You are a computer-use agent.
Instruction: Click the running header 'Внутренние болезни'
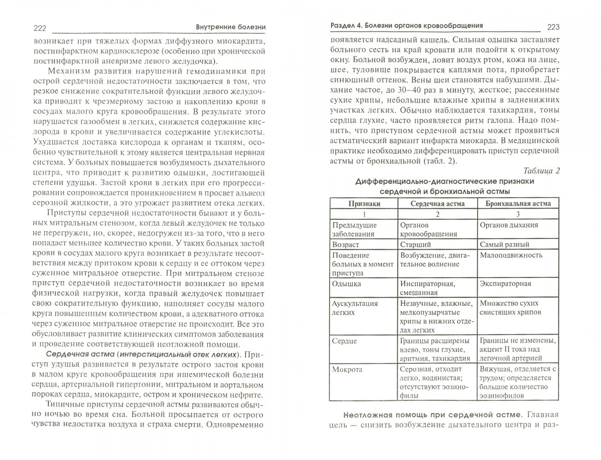(231, 27)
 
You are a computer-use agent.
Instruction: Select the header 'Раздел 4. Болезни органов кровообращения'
(407, 26)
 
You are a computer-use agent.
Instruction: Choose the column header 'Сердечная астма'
(437, 204)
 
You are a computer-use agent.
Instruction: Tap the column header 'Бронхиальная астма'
(518, 204)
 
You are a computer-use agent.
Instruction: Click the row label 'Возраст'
(345, 244)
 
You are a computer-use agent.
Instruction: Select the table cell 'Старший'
(415, 244)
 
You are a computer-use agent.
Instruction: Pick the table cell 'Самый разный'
(504, 244)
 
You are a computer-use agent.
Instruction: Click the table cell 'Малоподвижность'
(511, 255)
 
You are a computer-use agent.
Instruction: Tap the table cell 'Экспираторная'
(505, 283)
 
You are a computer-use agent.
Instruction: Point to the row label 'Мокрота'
(347, 369)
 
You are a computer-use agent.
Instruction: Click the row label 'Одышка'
(346, 283)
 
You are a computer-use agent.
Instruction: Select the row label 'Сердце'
(344, 341)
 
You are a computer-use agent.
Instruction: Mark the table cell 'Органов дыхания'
(509, 225)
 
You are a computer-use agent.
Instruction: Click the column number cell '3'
(518, 214)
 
